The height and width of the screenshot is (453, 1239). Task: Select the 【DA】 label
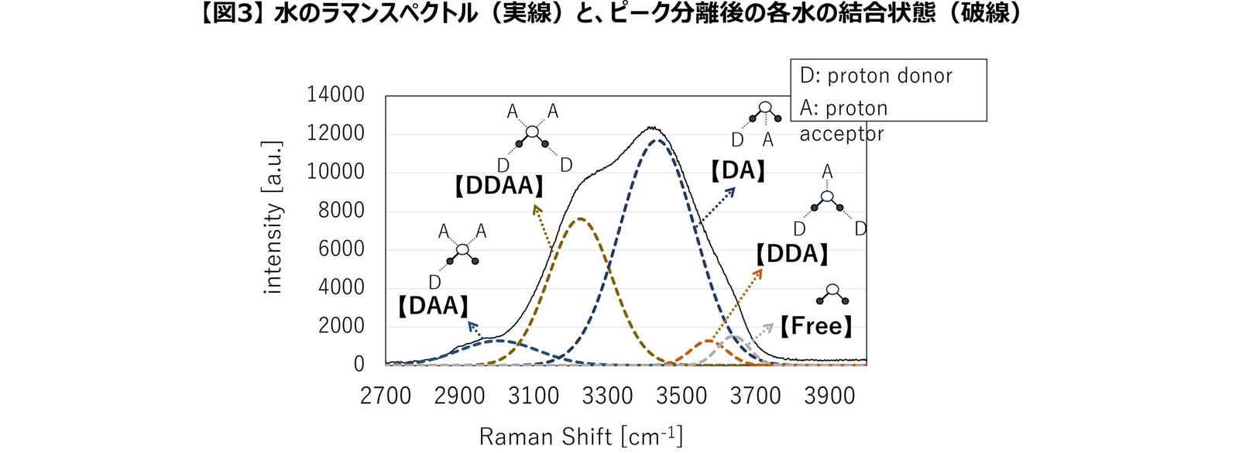(x=737, y=171)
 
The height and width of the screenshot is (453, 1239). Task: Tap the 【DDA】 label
(x=791, y=254)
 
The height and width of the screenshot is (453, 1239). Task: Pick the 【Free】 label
(x=815, y=327)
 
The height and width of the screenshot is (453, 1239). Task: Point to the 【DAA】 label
(x=433, y=306)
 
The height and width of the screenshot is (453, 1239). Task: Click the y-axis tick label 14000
(x=335, y=94)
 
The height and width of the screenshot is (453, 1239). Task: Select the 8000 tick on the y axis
(x=341, y=210)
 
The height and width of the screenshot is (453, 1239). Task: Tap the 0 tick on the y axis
(x=359, y=364)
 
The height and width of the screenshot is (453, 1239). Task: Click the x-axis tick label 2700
(x=386, y=396)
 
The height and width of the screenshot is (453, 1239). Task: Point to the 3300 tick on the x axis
(x=608, y=396)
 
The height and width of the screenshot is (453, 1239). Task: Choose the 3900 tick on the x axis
(x=829, y=396)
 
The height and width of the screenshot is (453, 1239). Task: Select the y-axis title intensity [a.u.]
(x=273, y=218)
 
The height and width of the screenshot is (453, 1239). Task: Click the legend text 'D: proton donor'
(x=876, y=76)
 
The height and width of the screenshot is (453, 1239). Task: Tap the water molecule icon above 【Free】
(x=832, y=294)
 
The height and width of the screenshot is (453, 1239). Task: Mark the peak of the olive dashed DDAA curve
(x=581, y=219)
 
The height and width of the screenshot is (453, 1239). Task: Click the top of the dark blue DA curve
(x=657, y=140)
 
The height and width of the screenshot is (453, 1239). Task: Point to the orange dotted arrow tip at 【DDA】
(x=760, y=271)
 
